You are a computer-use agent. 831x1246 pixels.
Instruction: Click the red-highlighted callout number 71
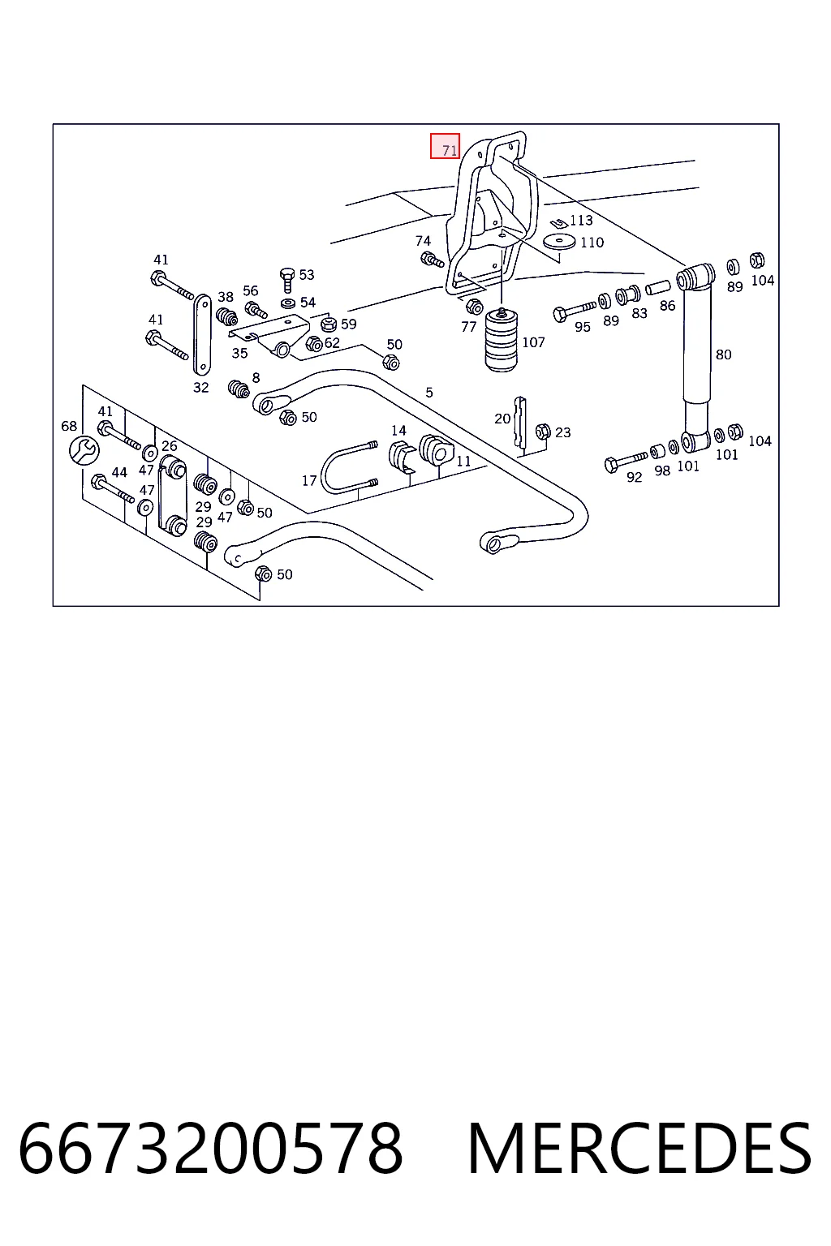click(x=449, y=150)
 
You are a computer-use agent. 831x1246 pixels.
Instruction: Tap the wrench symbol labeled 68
click(x=84, y=450)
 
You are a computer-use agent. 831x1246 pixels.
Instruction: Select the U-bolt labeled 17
click(x=348, y=466)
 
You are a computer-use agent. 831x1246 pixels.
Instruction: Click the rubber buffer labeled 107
click(x=501, y=340)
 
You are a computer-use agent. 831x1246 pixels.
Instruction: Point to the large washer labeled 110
click(x=559, y=242)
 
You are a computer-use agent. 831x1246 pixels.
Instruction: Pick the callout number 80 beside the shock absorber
click(x=723, y=354)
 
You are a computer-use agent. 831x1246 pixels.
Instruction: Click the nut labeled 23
click(x=543, y=431)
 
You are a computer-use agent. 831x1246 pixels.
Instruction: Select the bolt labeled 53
click(x=287, y=280)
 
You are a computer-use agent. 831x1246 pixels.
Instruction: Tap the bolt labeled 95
click(x=575, y=311)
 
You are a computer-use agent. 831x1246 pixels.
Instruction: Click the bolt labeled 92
click(x=626, y=461)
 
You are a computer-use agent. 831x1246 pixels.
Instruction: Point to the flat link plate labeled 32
click(x=201, y=334)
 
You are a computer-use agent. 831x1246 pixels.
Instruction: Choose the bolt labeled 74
click(x=432, y=259)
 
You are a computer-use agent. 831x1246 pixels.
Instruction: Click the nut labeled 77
click(x=474, y=306)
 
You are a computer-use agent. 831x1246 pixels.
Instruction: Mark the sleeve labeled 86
click(x=658, y=288)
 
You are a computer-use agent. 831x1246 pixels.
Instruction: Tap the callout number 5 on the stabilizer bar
click(x=429, y=392)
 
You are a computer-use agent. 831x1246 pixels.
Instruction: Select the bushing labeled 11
click(x=435, y=449)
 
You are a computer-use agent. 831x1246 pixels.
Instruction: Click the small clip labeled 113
click(x=558, y=222)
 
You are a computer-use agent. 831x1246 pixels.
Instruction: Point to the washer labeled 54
click(x=288, y=303)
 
